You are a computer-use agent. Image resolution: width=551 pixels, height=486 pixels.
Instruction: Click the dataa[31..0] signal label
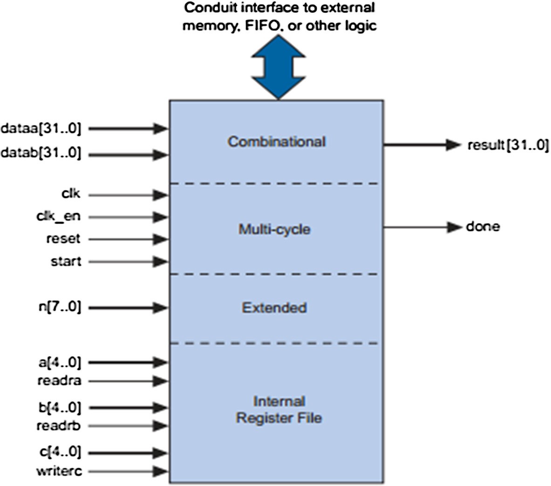tap(41, 128)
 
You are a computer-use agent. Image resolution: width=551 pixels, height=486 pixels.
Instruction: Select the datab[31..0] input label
tap(41, 153)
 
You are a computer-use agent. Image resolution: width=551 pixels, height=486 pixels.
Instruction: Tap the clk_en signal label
tap(58, 217)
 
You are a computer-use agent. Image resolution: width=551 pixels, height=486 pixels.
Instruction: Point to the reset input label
tap(63, 239)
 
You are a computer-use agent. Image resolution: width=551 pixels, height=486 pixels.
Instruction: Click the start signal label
tap(66, 261)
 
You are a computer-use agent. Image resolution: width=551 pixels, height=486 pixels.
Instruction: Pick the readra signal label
tap(59, 381)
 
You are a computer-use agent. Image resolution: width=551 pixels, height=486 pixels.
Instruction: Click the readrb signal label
tap(59, 426)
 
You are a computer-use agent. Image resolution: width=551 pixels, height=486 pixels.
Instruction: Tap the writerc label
tap(59, 471)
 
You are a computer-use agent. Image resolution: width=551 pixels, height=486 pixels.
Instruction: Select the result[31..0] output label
tap(508, 145)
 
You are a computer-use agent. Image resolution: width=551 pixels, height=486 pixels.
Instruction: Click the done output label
tap(483, 227)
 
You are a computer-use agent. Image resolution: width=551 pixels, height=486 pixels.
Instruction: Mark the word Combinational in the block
tap(276, 142)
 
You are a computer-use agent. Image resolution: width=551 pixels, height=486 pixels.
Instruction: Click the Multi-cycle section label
tap(274, 230)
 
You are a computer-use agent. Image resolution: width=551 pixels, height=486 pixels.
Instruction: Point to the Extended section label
tap(274, 308)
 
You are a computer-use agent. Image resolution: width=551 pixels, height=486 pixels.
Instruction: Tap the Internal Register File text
tap(279, 410)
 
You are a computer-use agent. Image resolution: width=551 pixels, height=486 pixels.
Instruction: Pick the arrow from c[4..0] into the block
tap(128, 453)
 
